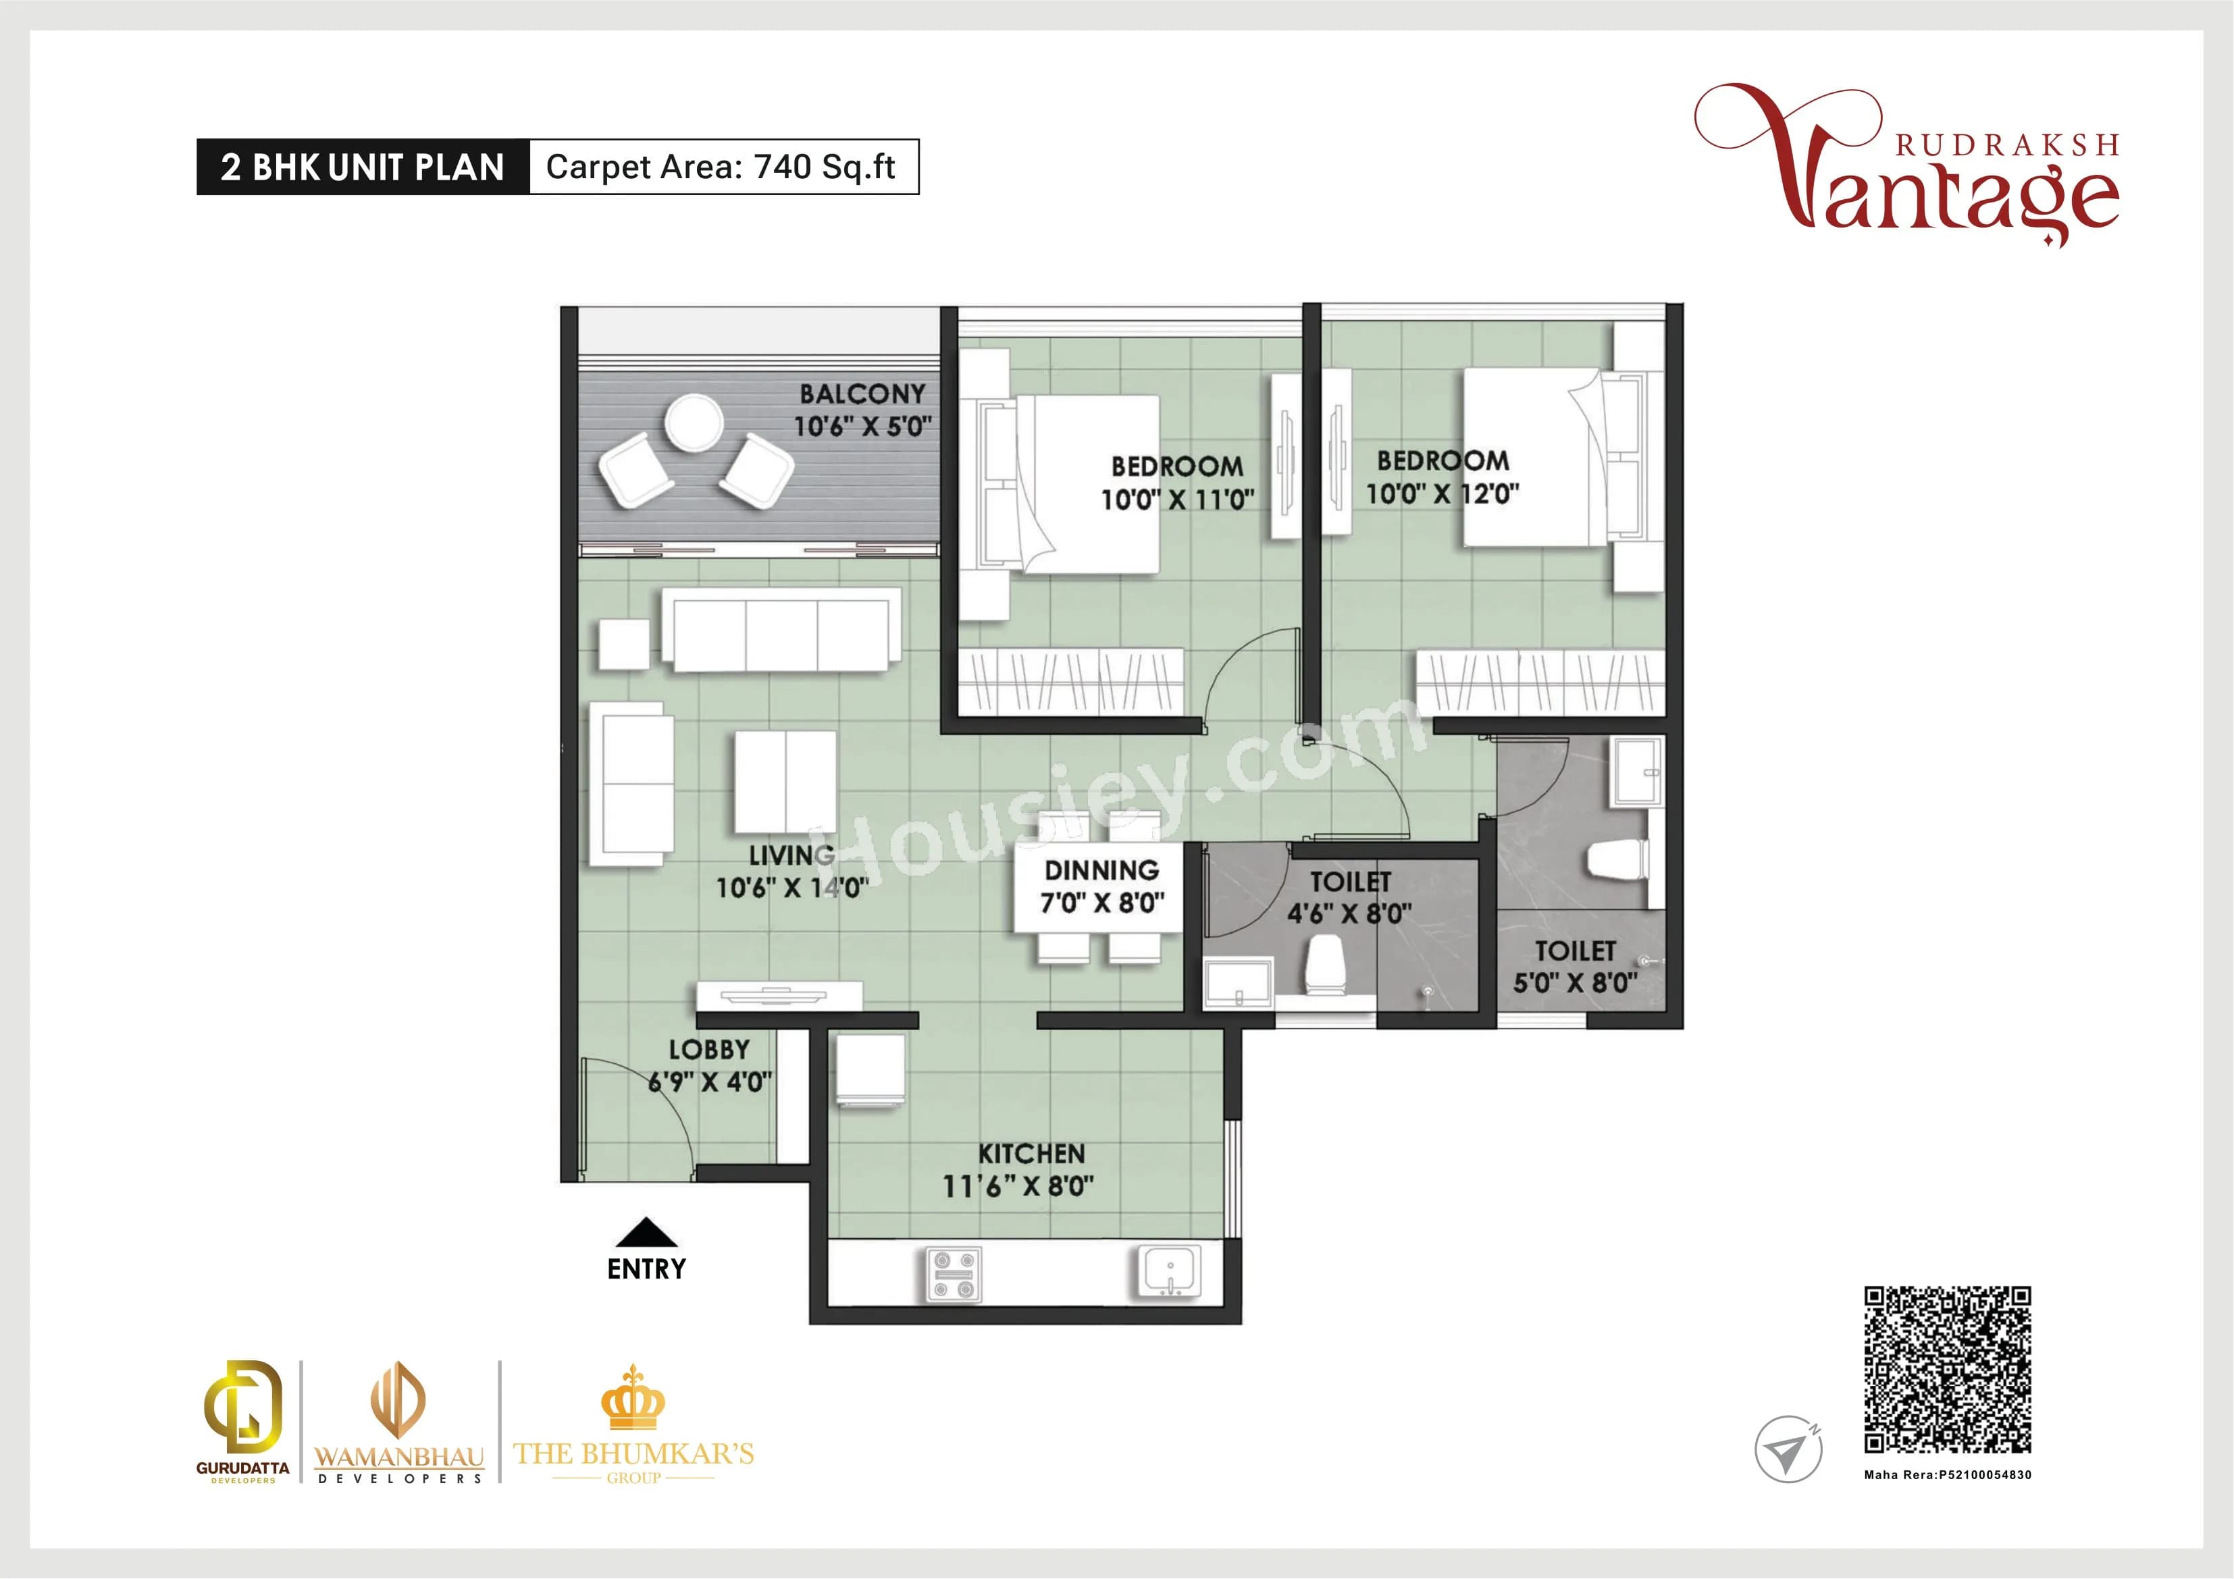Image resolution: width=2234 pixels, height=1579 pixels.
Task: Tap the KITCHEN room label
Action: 1031,1154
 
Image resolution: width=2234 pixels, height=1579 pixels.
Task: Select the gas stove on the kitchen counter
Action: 954,1275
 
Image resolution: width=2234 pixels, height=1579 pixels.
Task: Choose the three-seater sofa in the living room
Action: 781,628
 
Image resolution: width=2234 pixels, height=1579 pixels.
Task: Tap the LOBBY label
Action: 708,1050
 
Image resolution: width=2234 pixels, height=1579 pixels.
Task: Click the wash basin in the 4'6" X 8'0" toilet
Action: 1238,983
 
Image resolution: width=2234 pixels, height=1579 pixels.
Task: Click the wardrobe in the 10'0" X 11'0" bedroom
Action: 1070,681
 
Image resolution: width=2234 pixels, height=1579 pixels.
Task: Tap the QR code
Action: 1947,1369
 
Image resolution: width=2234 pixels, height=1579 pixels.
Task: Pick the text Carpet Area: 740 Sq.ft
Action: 721,167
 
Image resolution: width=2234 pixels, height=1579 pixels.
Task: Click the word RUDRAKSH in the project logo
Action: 2006,146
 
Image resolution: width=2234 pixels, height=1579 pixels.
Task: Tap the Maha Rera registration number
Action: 1947,1475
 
